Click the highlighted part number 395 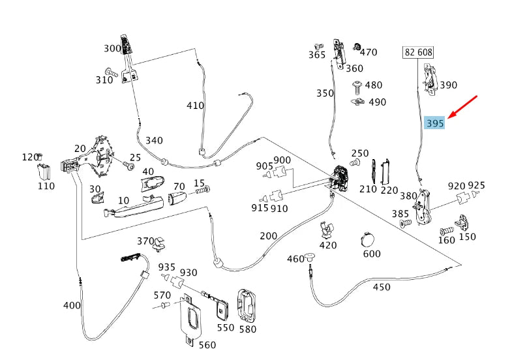point(434,123)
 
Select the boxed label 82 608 point(418,52)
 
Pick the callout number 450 point(381,287)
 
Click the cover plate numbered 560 point(192,319)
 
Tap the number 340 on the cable point(154,140)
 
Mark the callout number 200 point(268,235)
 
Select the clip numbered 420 point(327,230)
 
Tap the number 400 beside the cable point(71,305)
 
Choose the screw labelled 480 point(357,85)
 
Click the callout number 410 point(195,106)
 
